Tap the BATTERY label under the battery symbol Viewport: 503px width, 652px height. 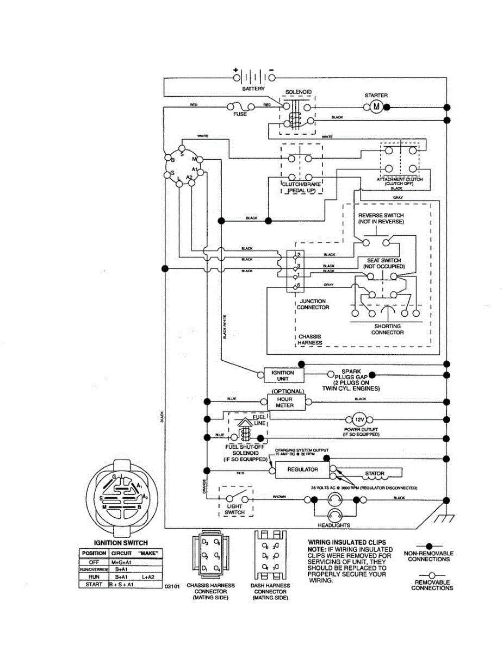coord(254,89)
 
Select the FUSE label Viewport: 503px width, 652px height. coord(240,115)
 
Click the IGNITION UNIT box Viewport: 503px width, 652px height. coord(283,375)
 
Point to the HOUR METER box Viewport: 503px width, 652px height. coord(285,402)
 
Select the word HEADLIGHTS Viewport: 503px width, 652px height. coord(334,525)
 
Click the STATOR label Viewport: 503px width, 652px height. coord(375,474)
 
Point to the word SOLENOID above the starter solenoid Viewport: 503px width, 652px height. coord(299,92)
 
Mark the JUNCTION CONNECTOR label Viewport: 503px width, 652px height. coord(313,304)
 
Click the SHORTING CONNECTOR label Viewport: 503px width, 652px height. coord(387,329)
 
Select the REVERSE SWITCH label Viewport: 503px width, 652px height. coord(381,216)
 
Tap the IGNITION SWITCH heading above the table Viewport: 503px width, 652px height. coord(121,543)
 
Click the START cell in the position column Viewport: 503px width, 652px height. coord(94,584)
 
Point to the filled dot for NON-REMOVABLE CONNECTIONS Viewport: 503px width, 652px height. coord(429,545)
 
